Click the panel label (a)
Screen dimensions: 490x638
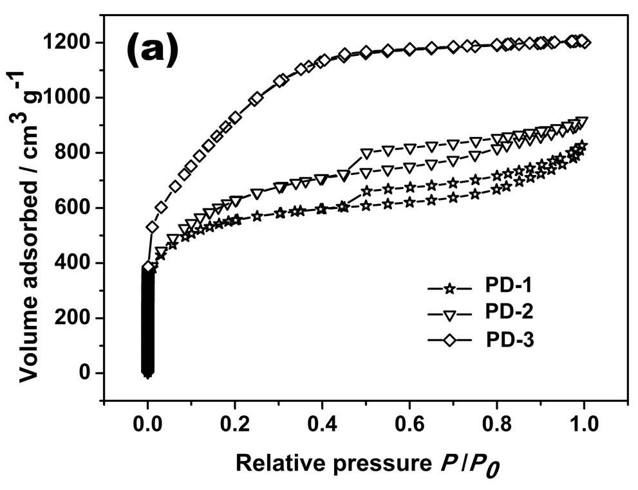[153, 52]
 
